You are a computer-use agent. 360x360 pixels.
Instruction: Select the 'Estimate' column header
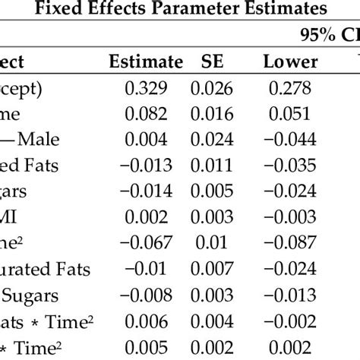coord(146,62)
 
